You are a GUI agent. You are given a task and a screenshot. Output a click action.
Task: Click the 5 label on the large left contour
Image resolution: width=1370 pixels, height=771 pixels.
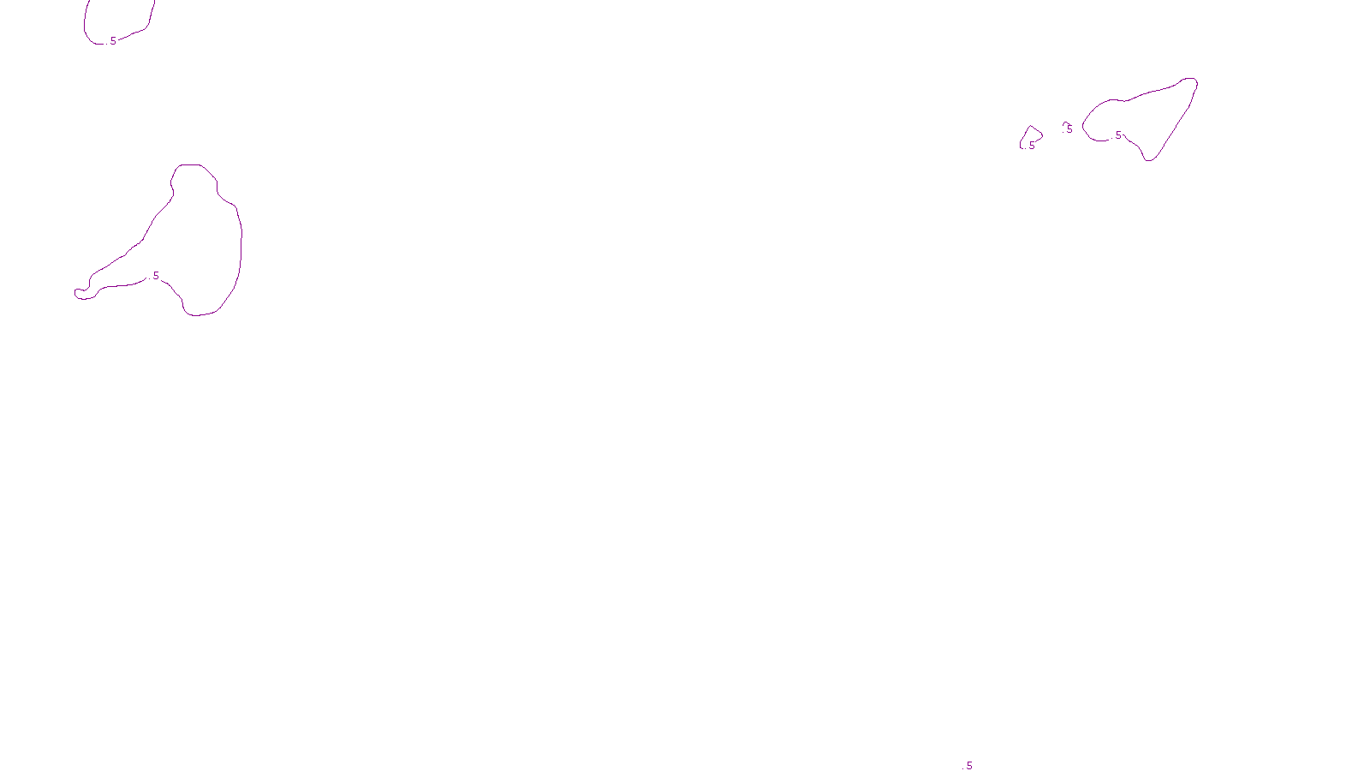point(156,276)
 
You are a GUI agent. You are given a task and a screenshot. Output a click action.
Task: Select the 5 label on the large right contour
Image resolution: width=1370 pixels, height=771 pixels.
point(1118,135)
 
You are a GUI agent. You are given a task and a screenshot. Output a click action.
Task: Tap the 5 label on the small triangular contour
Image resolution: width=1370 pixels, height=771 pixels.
point(1032,146)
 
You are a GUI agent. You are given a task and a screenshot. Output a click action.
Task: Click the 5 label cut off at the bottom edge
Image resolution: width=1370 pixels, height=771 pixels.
point(969,766)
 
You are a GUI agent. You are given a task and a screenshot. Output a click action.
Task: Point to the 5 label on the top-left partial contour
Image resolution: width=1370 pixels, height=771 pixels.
point(113,41)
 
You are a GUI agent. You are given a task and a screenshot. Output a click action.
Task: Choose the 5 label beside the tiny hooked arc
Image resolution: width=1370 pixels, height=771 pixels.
point(1069,129)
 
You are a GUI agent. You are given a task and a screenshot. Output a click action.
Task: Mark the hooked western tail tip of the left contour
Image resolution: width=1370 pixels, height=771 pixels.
point(76,293)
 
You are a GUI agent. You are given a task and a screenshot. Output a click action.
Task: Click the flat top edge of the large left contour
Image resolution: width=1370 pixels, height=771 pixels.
point(190,164)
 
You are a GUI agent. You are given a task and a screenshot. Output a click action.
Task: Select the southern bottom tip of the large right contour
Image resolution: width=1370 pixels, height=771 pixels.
point(1150,160)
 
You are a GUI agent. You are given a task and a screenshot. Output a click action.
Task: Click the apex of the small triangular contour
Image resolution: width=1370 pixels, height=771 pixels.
point(1030,127)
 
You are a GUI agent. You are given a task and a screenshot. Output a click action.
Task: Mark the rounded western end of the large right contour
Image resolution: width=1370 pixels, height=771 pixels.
point(1083,127)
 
